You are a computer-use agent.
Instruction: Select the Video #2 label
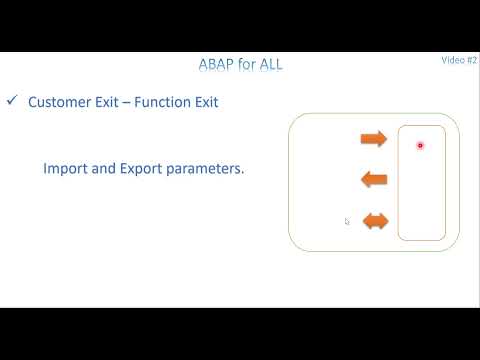pyautogui.click(x=459, y=60)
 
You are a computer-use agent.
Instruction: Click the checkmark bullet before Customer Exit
pyautogui.click(x=12, y=101)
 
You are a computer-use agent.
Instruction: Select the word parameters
pyautogui.click(x=205, y=169)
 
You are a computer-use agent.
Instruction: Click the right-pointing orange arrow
pyautogui.click(x=373, y=138)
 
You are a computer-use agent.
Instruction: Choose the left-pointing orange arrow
pyautogui.click(x=373, y=180)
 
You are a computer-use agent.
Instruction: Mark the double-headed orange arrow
pyautogui.click(x=375, y=221)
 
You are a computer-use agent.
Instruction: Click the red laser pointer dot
pyautogui.click(x=420, y=146)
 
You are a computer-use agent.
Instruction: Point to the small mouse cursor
pyautogui.click(x=347, y=222)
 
